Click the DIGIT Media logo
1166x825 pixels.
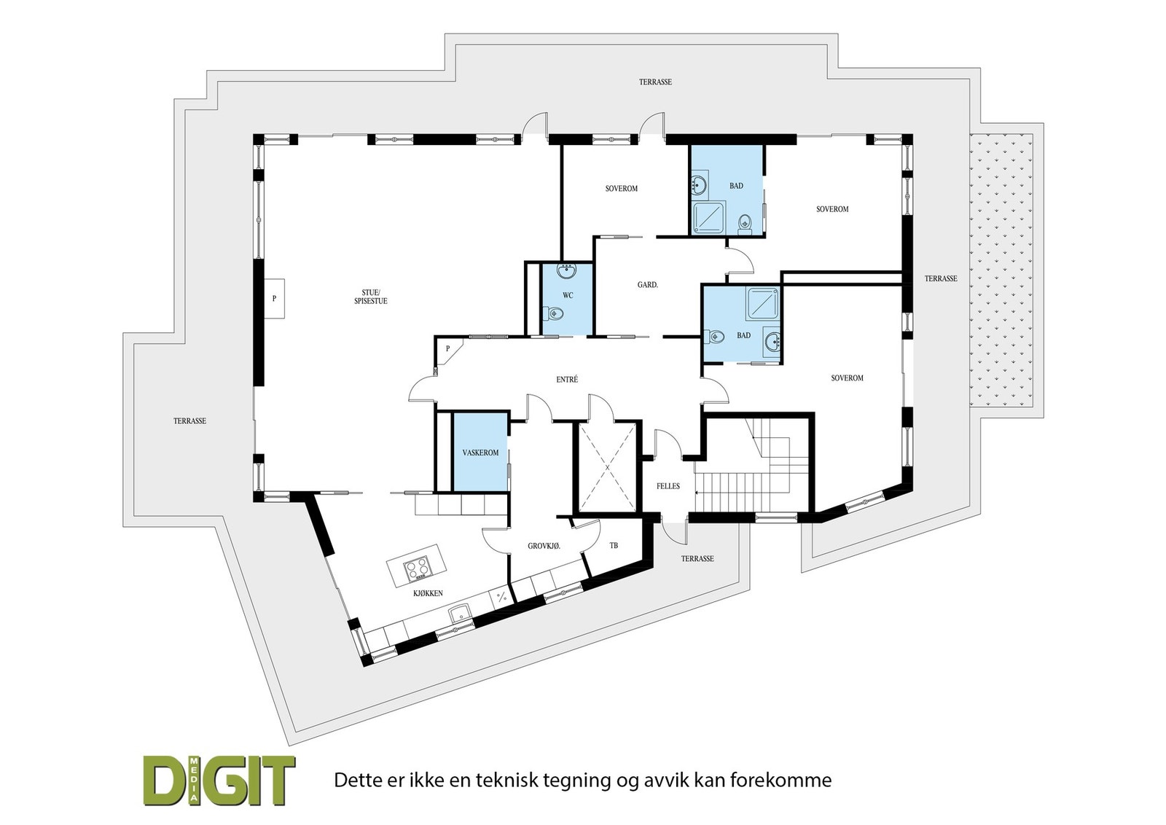coord(219,780)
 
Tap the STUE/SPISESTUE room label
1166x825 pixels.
coord(375,296)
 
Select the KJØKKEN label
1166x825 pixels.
coord(428,593)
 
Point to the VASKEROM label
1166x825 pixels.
coord(480,453)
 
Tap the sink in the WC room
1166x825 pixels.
coord(567,272)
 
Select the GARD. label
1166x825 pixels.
coord(647,285)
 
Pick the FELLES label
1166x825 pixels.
coord(668,486)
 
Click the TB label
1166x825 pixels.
coord(614,545)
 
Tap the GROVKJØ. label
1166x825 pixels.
coord(544,546)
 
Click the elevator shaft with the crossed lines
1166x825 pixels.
coord(607,467)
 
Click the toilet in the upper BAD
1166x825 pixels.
coord(744,222)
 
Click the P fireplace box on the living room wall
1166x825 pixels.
coord(274,298)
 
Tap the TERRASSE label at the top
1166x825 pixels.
coord(655,82)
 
